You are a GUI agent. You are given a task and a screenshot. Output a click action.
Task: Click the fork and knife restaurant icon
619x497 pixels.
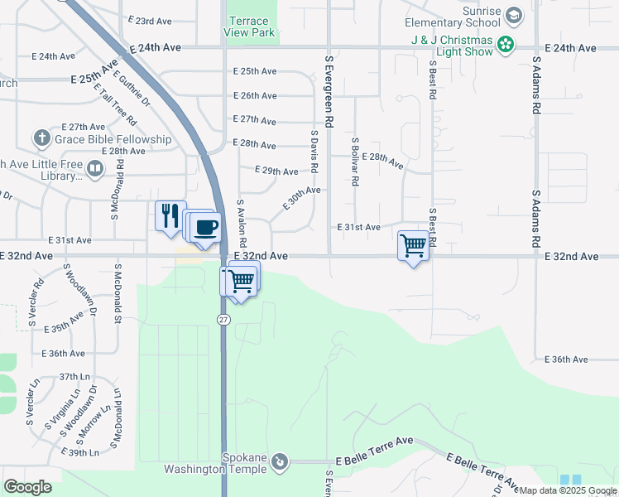[170, 215]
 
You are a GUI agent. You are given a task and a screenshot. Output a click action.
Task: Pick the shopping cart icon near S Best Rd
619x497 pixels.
[412, 244]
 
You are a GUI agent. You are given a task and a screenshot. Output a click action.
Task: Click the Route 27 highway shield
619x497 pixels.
[223, 320]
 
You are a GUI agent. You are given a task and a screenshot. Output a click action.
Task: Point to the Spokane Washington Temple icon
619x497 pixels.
[280, 461]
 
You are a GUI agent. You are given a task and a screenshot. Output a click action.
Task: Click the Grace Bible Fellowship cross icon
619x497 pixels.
[41, 138]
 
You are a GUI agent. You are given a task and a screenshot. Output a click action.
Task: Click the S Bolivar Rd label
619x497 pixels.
[354, 162]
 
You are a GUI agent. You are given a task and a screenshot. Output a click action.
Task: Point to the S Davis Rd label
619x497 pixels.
[314, 151]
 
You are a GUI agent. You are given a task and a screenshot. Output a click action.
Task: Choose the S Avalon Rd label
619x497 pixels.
[242, 224]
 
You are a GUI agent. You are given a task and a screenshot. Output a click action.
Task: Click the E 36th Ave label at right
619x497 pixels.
[567, 359]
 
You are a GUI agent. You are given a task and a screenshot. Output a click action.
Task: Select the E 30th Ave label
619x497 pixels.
[301, 198]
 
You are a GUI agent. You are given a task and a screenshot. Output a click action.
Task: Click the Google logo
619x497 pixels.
[27, 486]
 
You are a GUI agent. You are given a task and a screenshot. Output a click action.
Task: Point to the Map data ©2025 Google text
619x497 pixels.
[567, 490]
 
